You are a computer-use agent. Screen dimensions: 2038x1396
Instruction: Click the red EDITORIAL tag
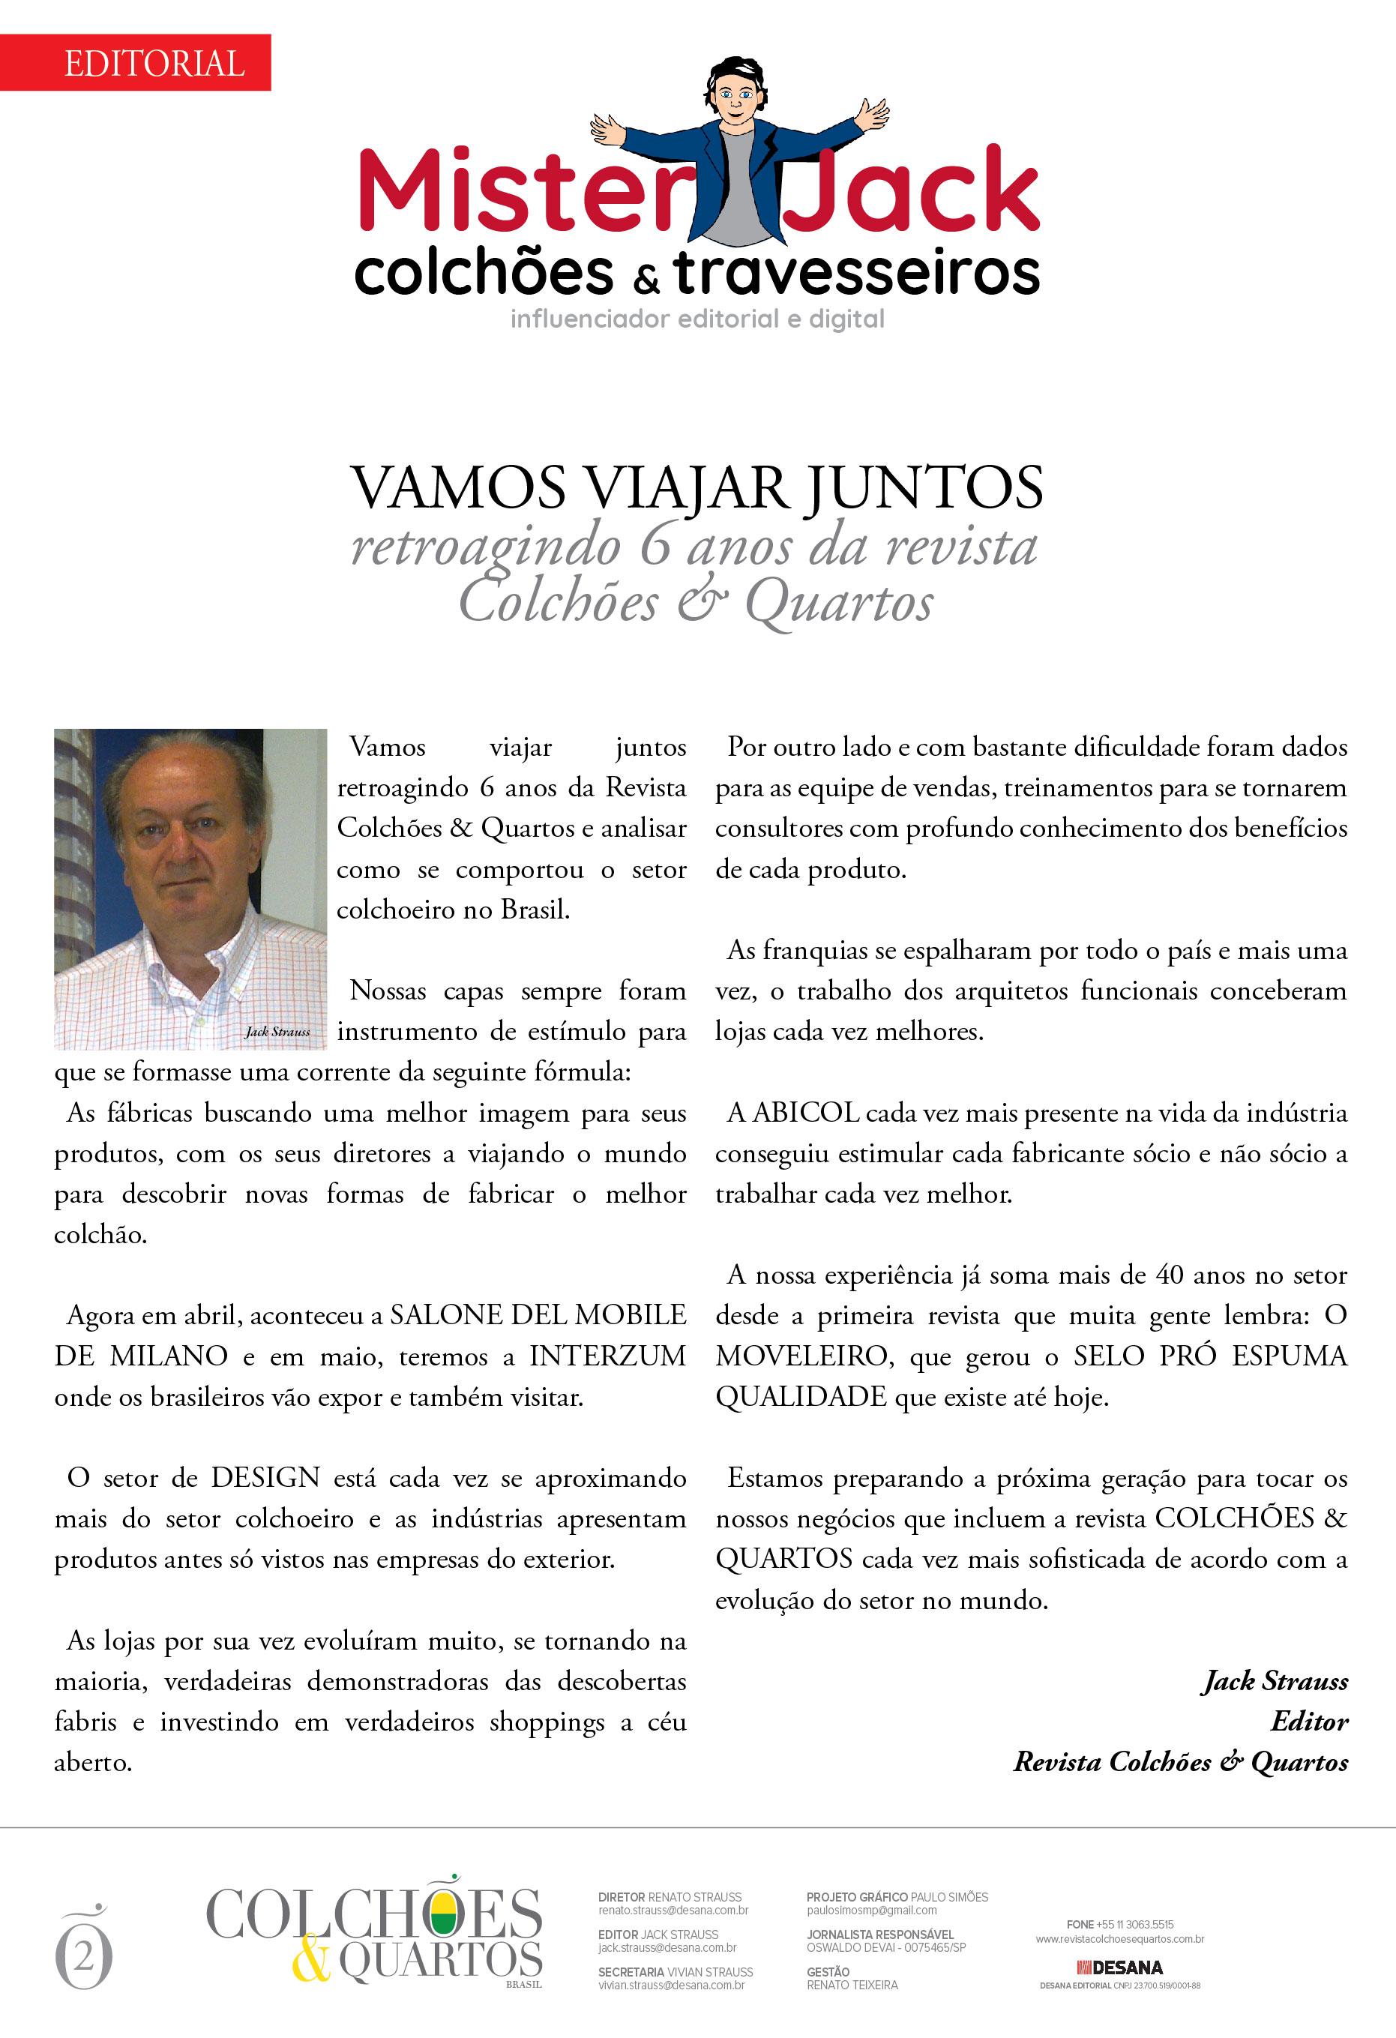pyautogui.click(x=154, y=63)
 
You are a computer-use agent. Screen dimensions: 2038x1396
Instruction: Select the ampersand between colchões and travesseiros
pyautogui.click(x=645, y=280)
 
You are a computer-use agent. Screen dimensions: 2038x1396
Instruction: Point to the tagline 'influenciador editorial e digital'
pyautogui.click(x=697, y=319)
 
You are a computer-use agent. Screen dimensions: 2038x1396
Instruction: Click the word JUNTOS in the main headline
pyautogui.click(x=924, y=487)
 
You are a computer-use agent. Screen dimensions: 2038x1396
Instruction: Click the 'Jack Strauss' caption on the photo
pyautogui.click(x=277, y=1031)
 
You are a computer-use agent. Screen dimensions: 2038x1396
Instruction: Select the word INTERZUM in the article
pyautogui.click(x=607, y=1356)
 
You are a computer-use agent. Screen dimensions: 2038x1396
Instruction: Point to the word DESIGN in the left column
pyautogui.click(x=265, y=1478)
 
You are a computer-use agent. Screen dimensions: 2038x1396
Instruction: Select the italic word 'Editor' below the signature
pyautogui.click(x=1309, y=1722)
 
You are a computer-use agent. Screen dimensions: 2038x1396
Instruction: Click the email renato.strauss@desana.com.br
pyautogui.click(x=673, y=1910)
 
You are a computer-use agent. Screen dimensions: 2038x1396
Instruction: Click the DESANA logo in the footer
pyautogui.click(x=1120, y=1967)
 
